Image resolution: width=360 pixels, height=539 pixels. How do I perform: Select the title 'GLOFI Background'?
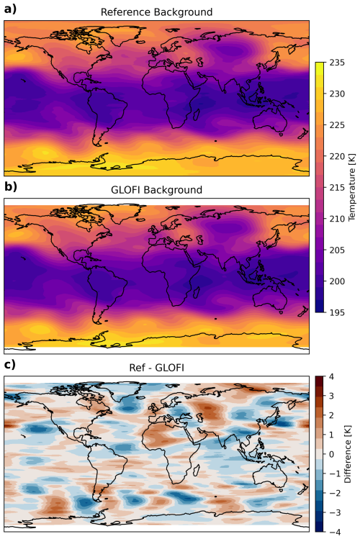pos(156,190)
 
